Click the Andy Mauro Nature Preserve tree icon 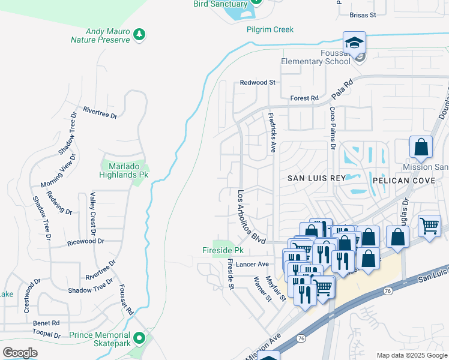139,34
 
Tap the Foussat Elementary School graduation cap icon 354,43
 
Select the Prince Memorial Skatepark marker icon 139,338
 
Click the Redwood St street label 258,82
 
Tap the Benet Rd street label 47,323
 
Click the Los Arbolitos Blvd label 251,217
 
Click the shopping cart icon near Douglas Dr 429,227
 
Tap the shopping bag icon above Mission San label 421,146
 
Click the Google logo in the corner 20,353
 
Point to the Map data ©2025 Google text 412,355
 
